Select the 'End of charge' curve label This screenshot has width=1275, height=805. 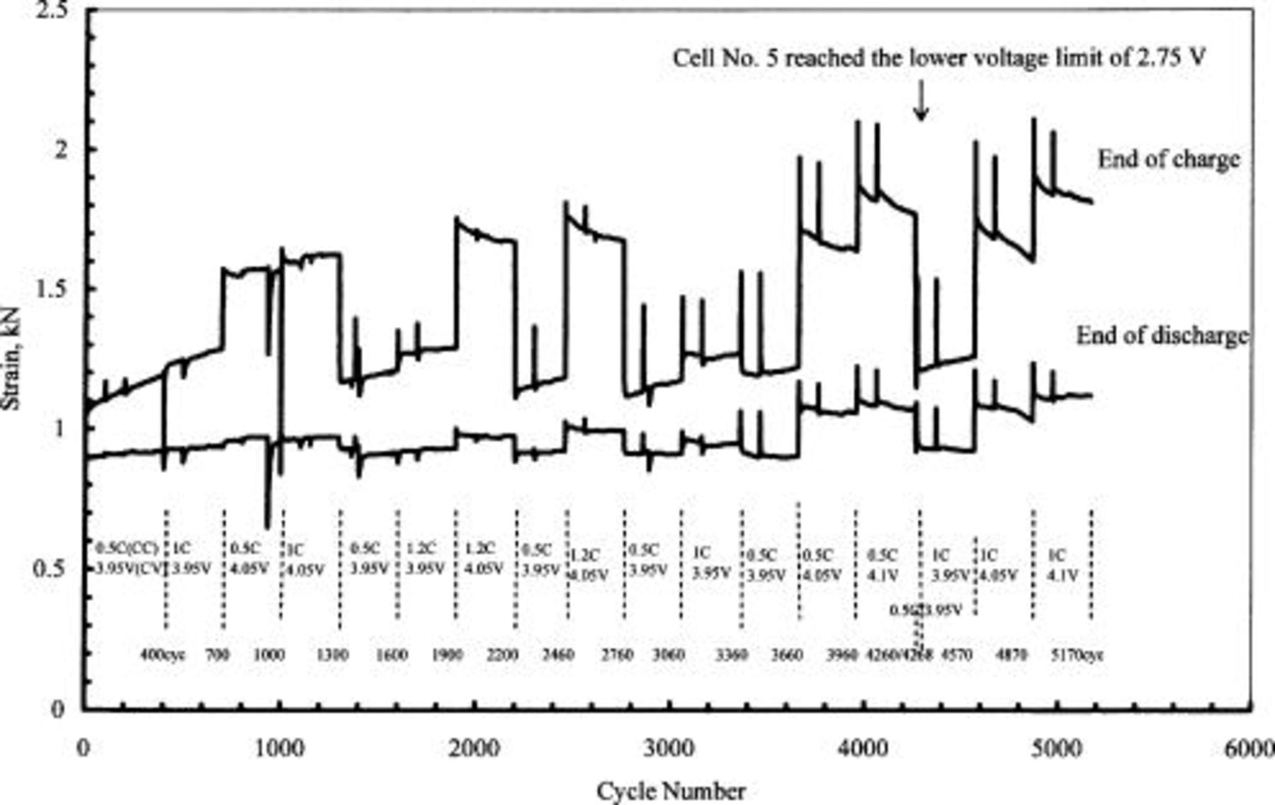1169,159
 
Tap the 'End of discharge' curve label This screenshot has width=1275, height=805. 1162,336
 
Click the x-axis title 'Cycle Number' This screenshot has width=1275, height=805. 671,791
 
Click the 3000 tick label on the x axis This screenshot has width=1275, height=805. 669,748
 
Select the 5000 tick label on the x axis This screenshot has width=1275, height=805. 1056,748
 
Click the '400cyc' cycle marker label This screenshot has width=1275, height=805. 163,655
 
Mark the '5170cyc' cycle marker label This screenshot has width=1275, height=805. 1077,655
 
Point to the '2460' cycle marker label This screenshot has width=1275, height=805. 557,655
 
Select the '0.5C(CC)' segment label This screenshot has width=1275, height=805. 126,548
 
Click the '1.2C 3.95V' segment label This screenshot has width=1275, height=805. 425,559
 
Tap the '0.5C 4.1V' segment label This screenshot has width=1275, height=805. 883,565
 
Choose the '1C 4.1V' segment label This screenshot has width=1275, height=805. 1062,565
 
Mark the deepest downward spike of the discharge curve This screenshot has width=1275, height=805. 267,525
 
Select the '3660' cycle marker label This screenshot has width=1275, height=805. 786,655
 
